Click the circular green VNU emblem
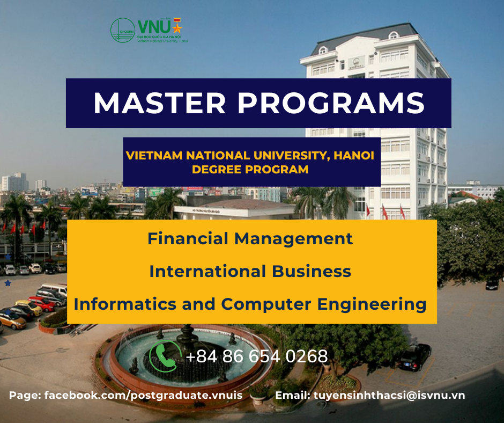click(x=122, y=31)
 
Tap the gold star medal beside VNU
click(x=177, y=26)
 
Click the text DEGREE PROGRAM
click(x=251, y=170)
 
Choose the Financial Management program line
click(x=250, y=238)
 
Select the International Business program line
click(x=250, y=271)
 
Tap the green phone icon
click(x=165, y=356)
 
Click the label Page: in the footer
click(x=25, y=395)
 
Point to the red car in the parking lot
click(x=43, y=303)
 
